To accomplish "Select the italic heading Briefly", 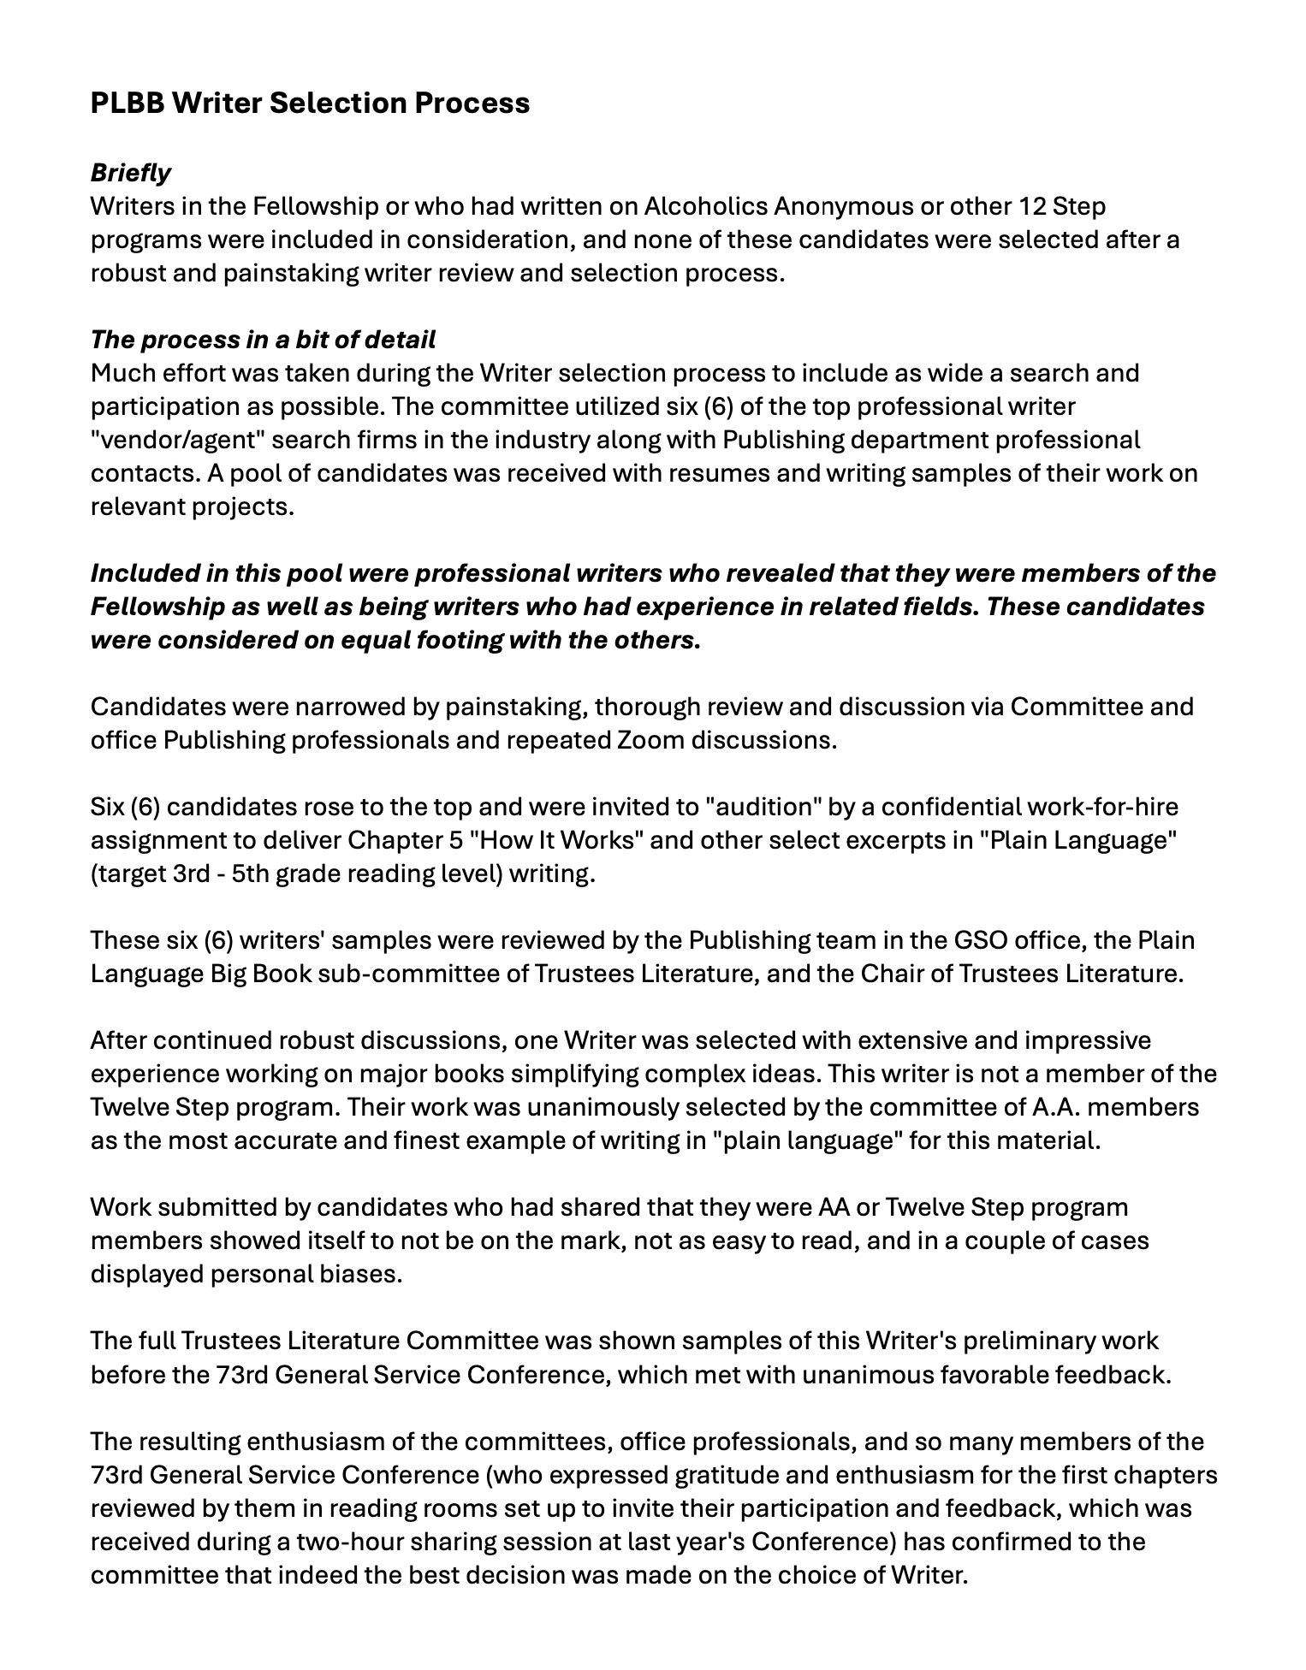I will point(130,173).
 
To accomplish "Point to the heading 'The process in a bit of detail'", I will point(263,340).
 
